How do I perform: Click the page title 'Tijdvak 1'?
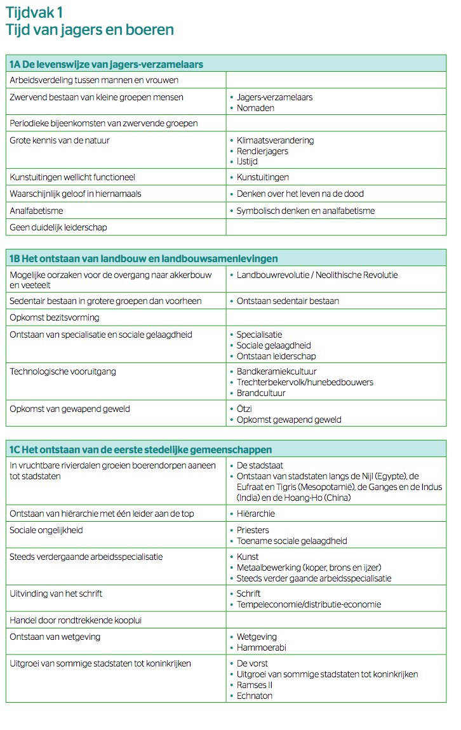coord(34,12)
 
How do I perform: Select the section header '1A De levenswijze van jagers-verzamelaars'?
coord(106,64)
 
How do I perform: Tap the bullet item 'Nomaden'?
coord(255,108)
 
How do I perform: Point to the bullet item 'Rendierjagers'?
coord(262,151)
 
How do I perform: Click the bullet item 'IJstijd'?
coord(247,162)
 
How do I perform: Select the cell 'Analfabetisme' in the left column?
coord(36,210)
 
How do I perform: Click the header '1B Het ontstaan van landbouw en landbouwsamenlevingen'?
coord(143,258)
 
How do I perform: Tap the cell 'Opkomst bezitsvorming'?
coord(55,317)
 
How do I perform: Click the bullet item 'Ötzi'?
coord(244,409)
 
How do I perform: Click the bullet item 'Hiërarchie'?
coord(255,514)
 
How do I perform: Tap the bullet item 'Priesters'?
coord(253,530)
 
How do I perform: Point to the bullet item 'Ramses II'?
coord(255,685)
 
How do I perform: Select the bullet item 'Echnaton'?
coord(254,696)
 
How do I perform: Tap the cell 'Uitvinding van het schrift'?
coord(56,594)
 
